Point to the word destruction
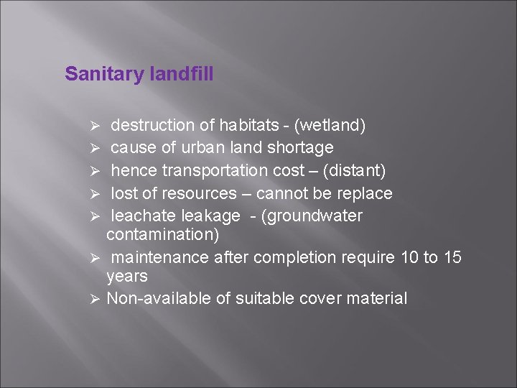pos(153,126)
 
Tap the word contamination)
pos(163,234)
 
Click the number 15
pos(452,257)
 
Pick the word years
pos(126,276)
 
